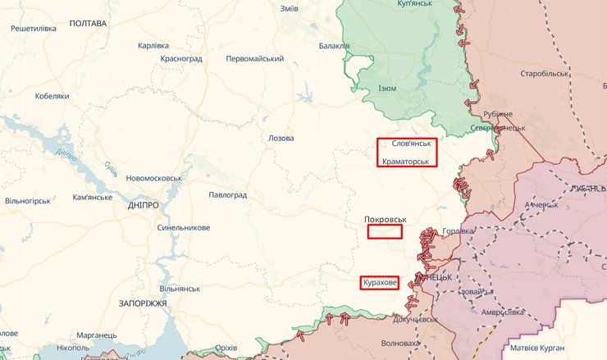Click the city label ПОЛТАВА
pyautogui.click(x=88, y=24)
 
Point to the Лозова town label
pyautogui.click(x=281, y=138)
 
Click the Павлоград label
pyautogui.click(x=227, y=195)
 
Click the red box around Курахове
pyautogui.click(x=379, y=283)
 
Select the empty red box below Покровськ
pyautogui.click(x=385, y=232)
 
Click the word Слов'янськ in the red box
pyautogui.click(x=407, y=144)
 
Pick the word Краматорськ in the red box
pyautogui.click(x=406, y=161)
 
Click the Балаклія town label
pyautogui.click(x=334, y=46)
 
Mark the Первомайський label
pyautogui.click(x=254, y=59)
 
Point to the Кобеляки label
pyautogui.click(x=52, y=96)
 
